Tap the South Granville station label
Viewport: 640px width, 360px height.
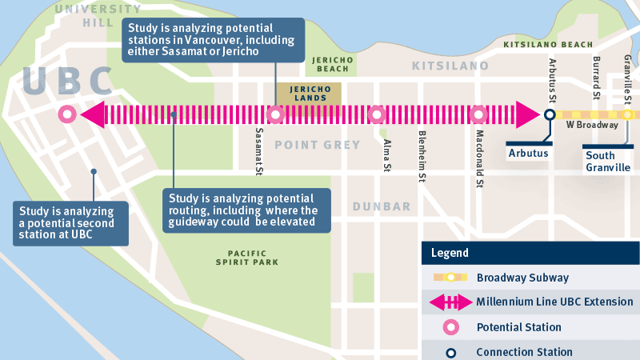point(608,161)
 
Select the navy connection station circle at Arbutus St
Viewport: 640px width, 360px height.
point(550,114)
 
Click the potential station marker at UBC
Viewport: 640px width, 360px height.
point(66,114)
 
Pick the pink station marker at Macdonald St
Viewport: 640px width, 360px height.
point(478,114)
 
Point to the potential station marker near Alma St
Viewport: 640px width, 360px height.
point(376,114)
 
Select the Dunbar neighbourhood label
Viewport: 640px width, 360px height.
point(382,206)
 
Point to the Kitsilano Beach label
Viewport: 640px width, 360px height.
point(547,45)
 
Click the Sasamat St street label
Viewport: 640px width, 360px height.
point(259,150)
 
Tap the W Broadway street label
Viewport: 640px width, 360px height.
point(592,126)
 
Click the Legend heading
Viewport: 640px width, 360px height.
point(450,253)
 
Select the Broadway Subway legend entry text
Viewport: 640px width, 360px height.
point(522,278)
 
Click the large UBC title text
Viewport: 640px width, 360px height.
point(68,82)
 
